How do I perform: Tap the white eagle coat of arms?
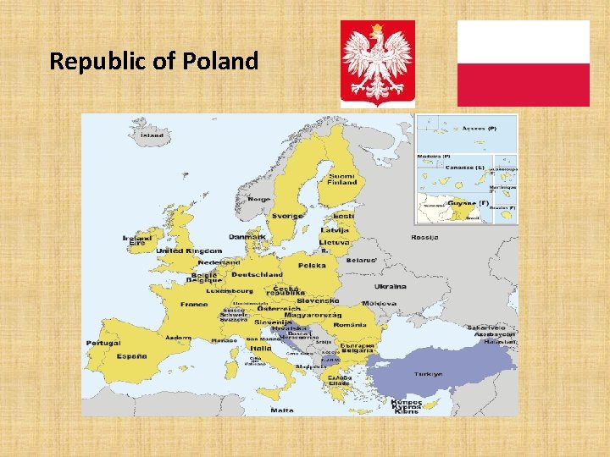pyautogui.click(x=378, y=63)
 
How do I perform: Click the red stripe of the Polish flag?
pyautogui.click(x=523, y=85)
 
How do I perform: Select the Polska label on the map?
pyautogui.click(x=312, y=265)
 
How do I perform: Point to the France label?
pyautogui.click(x=193, y=304)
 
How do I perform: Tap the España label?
pyautogui.click(x=131, y=356)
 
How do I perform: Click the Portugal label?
pyautogui.click(x=103, y=343)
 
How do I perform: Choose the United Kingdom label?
pyautogui.click(x=189, y=251)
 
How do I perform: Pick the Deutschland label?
pyautogui.click(x=257, y=275)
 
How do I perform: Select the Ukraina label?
pyautogui.click(x=391, y=286)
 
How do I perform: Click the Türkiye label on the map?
pyautogui.click(x=428, y=374)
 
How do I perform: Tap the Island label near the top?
pyautogui.click(x=152, y=135)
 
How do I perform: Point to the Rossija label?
pyautogui.click(x=424, y=237)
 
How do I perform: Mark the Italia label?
pyautogui.click(x=260, y=347)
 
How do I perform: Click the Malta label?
pyautogui.click(x=282, y=410)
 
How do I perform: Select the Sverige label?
pyautogui.click(x=287, y=216)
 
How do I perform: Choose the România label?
pyautogui.click(x=349, y=325)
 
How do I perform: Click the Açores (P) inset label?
pyautogui.click(x=479, y=128)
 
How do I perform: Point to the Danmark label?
pyautogui.click(x=247, y=237)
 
